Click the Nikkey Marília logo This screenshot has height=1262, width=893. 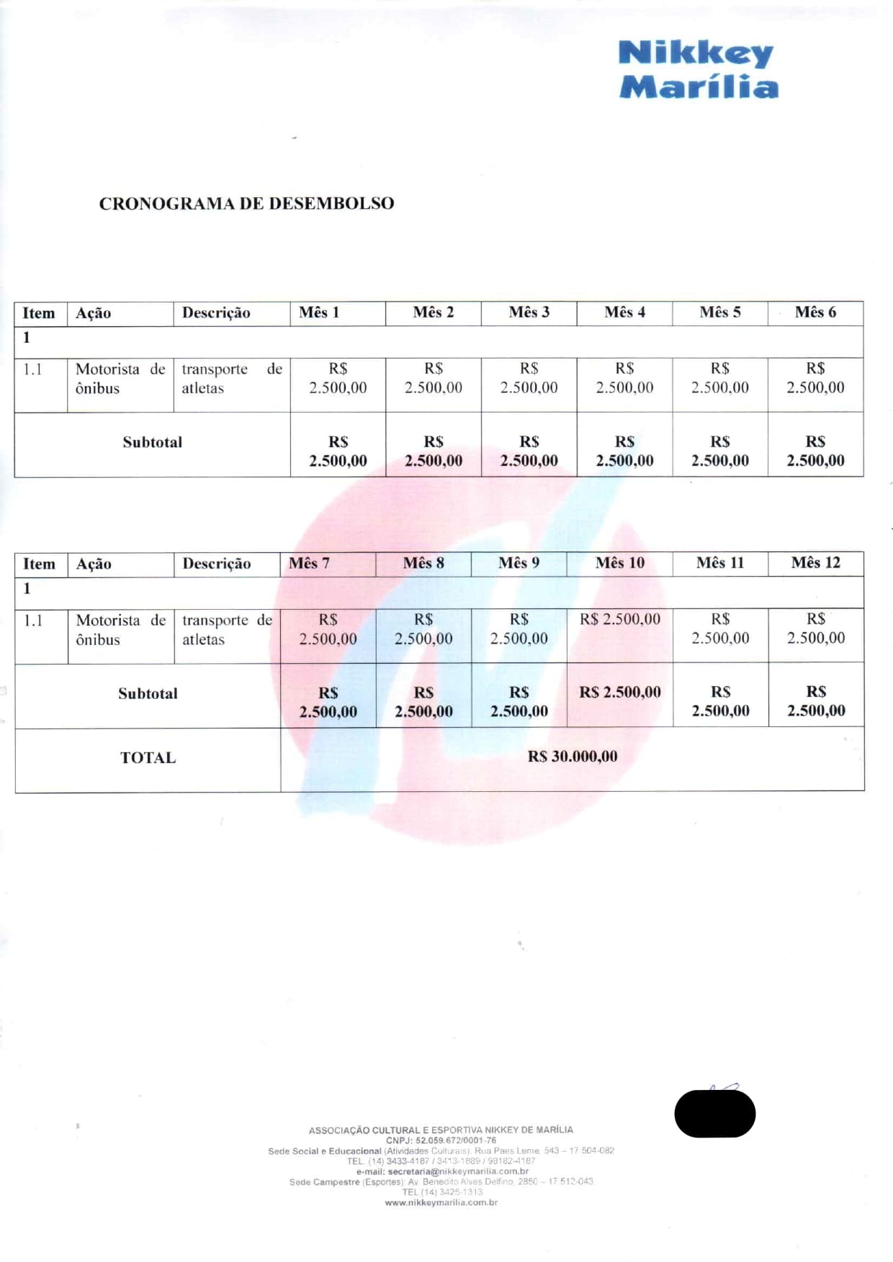point(698,70)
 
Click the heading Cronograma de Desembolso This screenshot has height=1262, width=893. point(246,204)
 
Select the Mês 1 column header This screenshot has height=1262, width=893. point(319,312)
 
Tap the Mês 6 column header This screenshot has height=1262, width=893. point(815,312)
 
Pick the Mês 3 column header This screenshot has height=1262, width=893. point(529,312)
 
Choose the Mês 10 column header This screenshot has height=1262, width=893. point(619,563)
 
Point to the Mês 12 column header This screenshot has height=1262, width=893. point(815,563)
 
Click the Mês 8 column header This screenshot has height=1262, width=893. point(423,563)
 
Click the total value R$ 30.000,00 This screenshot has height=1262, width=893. point(573,757)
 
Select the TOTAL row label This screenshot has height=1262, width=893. point(148,758)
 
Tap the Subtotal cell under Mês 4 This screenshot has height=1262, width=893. point(624,451)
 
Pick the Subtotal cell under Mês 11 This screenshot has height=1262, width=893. point(720,701)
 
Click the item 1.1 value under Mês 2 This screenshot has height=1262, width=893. point(434,378)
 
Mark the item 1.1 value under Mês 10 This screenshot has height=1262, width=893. point(619,619)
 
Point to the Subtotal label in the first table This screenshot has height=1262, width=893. point(152,443)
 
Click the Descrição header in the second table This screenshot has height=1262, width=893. point(216,564)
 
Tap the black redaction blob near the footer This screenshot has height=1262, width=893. point(714,1114)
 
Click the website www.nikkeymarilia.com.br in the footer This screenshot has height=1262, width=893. point(441,1202)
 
